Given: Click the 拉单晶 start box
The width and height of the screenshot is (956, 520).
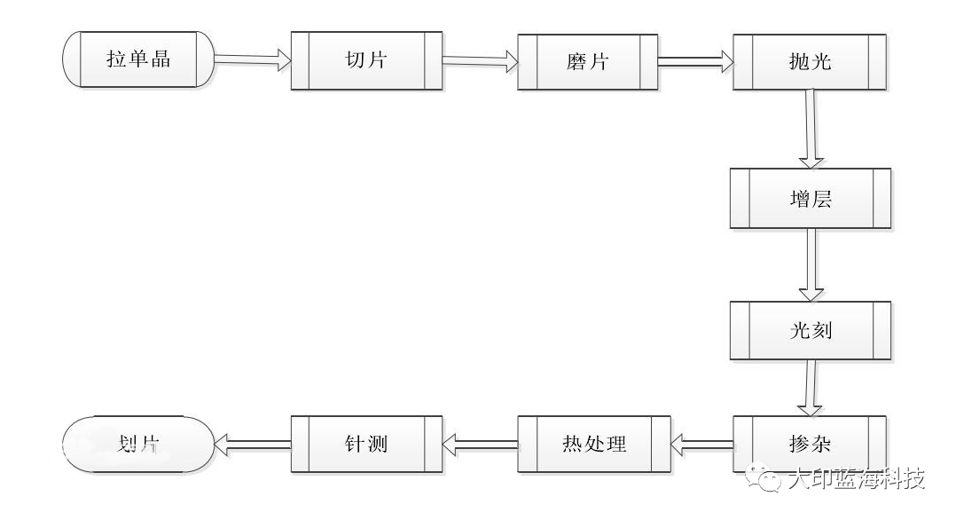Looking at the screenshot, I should [x=137, y=60].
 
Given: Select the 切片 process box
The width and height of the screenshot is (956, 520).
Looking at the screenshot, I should [x=366, y=61].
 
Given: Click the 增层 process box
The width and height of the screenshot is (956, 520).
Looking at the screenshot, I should [x=810, y=198].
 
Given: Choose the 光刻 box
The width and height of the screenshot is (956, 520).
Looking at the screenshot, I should [x=810, y=330].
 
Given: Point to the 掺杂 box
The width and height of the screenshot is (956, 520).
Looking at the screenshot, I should [x=810, y=441].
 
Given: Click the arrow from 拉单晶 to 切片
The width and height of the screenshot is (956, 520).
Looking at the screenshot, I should [x=253, y=60].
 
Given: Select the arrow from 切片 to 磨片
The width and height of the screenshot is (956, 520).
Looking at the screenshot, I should [x=480, y=61].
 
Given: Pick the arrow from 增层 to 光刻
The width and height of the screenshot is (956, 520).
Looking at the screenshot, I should [x=810, y=264].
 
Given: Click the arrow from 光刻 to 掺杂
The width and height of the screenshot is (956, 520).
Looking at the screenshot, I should [x=809, y=387].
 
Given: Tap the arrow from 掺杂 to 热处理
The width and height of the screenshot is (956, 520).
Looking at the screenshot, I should [x=701, y=440].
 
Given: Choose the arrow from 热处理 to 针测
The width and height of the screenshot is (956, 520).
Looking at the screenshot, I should [x=479, y=441].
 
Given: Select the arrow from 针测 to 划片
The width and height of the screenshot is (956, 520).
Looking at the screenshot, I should [x=253, y=441].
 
